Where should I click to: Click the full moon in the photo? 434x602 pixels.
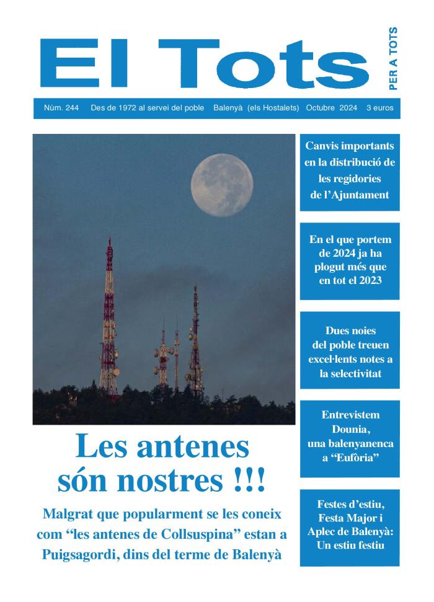pos(221,185)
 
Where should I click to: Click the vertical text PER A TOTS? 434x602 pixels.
pos(392,58)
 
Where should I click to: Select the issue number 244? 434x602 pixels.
pos(71,108)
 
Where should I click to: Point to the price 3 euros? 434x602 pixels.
pos(379,108)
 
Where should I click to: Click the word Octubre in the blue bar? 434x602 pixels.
pos(321,108)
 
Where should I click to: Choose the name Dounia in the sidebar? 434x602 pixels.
pos(350,429)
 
